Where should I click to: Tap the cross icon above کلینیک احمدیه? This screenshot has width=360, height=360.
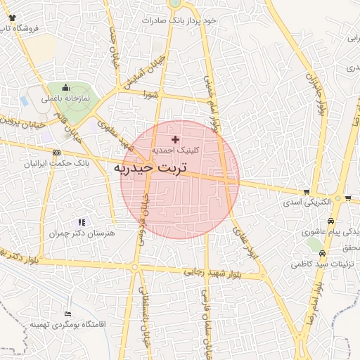click(175, 140)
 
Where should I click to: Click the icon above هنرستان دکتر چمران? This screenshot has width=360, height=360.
click(81, 222)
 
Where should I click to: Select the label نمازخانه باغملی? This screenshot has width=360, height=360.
click(66, 99)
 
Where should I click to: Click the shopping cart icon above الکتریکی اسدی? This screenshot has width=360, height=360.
click(307, 191)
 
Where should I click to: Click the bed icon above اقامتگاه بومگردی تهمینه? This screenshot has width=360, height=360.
click(67, 314)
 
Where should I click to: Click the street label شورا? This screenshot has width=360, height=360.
click(149, 94)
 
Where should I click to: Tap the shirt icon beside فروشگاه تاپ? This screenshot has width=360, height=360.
click(13, 17)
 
